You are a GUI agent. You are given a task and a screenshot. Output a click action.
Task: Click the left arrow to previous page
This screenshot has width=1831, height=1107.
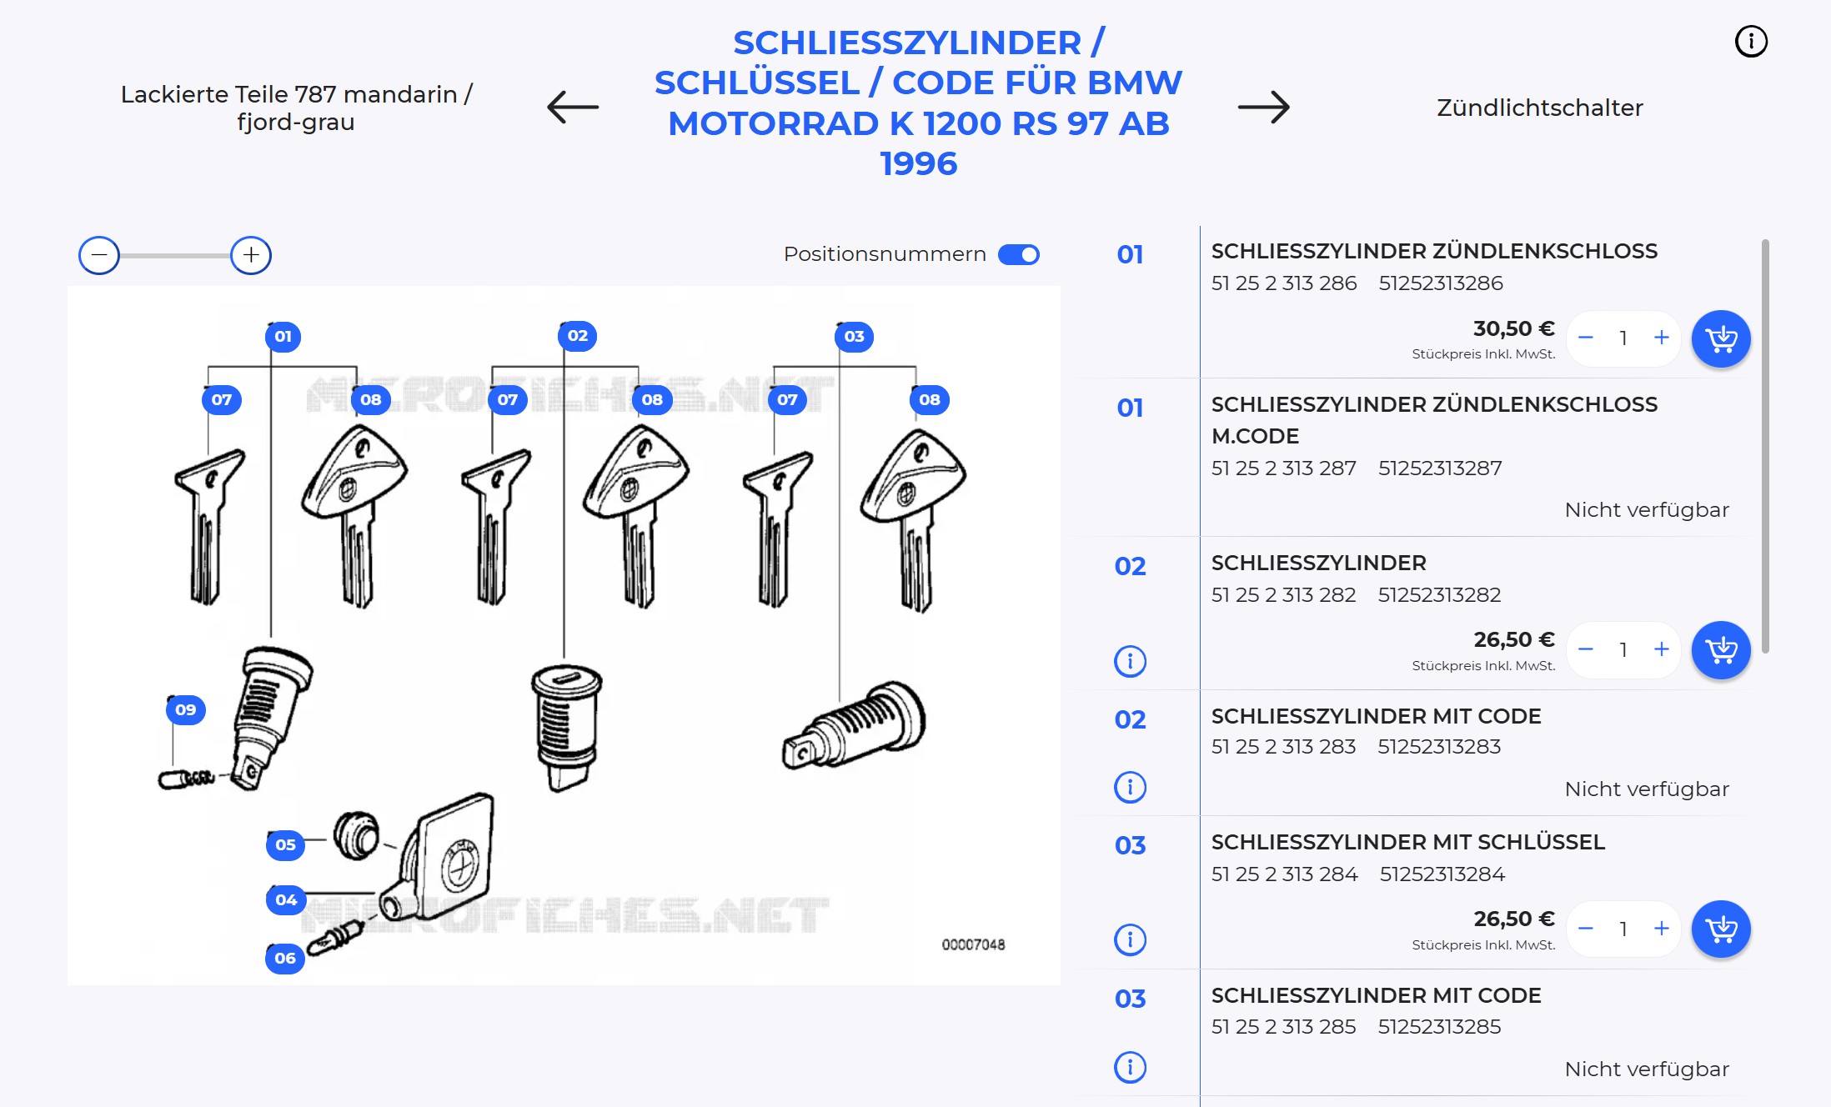(573, 107)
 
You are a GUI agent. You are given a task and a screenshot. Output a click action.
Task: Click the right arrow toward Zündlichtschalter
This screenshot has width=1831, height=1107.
(1263, 107)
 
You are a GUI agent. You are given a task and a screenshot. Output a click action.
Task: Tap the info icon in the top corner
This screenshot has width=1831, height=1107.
(1751, 41)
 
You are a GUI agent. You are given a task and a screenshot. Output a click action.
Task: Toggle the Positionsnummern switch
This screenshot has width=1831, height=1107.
(1019, 254)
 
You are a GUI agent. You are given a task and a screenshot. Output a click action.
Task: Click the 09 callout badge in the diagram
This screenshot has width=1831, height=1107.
(185, 709)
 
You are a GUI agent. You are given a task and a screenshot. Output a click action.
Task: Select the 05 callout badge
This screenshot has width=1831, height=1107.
(285, 844)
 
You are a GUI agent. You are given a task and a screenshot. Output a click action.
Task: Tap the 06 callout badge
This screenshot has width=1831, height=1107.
(285, 958)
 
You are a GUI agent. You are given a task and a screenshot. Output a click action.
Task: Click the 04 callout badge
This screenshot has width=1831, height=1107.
(286, 899)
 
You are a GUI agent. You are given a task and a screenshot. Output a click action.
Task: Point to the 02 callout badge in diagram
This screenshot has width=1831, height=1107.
(577, 336)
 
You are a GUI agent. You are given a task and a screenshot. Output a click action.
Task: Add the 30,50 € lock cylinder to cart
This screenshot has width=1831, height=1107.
(1721, 338)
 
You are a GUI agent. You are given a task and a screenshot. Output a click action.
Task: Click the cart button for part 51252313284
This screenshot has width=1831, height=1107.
(1721, 929)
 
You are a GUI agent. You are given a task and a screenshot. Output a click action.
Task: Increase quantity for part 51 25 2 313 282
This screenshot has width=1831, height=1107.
(1662, 649)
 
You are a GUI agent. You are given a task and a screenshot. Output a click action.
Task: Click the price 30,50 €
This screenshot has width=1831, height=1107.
(1514, 328)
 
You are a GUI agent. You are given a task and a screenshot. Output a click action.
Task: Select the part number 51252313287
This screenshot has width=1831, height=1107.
(1440, 468)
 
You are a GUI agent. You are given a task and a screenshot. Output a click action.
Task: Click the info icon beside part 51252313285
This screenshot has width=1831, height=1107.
(1131, 1067)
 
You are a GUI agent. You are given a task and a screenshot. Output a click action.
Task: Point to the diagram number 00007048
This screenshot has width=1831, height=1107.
(973, 944)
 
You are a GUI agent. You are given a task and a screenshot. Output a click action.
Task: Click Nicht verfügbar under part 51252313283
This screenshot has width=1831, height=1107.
(1647, 789)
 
